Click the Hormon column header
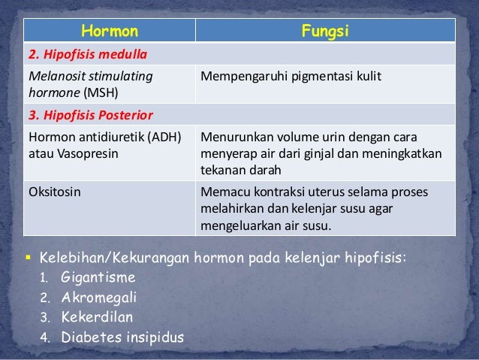click(x=109, y=32)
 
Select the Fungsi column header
click(x=325, y=32)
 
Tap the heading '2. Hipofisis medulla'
click(x=88, y=55)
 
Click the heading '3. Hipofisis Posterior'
click(x=90, y=116)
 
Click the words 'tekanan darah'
click(x=237, y=168)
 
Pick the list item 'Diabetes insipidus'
click(x=122, y=335)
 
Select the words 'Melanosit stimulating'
click(x=89, y=76)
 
